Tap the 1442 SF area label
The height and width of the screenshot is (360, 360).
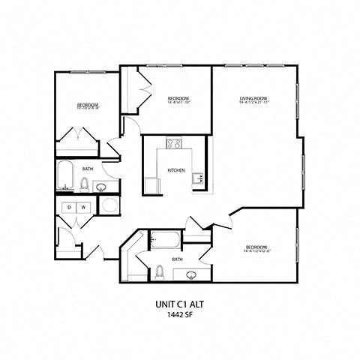coord(180,316)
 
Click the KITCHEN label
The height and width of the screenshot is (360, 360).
coord(176,170)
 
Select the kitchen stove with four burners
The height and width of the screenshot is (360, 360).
coord(174,143)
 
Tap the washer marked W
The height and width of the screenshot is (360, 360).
coord(84,206)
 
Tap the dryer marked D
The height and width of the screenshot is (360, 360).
coord(69,206)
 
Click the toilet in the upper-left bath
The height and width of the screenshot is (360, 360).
coord(85,183)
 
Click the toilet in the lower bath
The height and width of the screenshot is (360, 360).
coord(160,271)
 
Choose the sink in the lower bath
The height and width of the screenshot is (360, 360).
coord(190,275)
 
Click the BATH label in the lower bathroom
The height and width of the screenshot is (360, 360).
coord(177,259)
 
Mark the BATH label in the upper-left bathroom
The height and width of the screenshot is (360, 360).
coord(88,169)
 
